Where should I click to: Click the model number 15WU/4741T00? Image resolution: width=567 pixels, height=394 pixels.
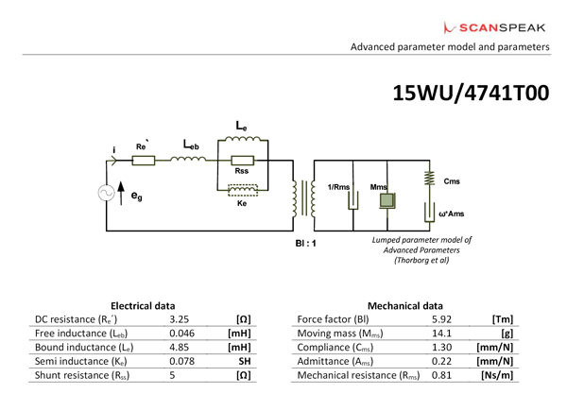470,93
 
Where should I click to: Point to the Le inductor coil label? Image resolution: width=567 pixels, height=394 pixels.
242,126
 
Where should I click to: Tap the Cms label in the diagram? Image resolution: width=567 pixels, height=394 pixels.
453,181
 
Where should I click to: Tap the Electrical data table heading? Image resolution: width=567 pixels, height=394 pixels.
143,304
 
